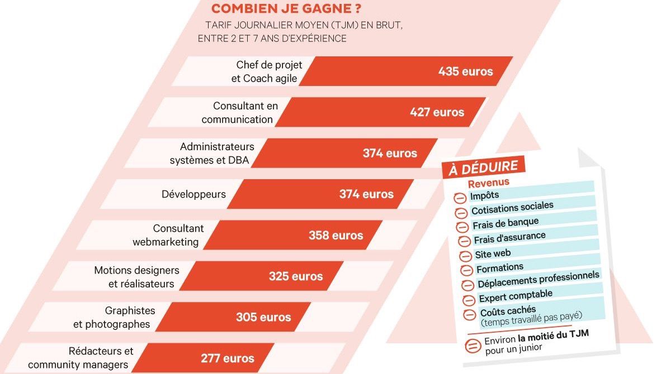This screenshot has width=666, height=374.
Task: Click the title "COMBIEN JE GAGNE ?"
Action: click(x=285, y=9)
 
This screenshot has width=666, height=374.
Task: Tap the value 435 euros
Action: click(x=465, y=71)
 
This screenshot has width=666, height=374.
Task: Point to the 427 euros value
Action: click(x=437, y=112)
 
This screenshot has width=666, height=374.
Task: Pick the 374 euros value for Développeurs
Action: click(x=366, y=194)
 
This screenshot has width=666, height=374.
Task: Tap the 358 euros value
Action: click(x=336, y=236)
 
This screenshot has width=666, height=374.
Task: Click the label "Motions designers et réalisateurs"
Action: click(x=136, y=277)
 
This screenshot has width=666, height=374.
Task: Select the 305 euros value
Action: click(x=263, y=318)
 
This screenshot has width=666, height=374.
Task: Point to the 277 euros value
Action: click(x=228, y=358)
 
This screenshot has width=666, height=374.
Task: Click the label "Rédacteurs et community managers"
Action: click(x=81, y=358)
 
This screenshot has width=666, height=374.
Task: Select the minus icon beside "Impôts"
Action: click(x=459, y=198)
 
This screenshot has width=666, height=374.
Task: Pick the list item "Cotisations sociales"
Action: click(x=512, y=208)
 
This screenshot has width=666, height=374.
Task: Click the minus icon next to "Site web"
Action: click(x=466, y=256)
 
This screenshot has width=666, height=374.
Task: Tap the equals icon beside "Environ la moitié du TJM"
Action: click(x=473, y=345)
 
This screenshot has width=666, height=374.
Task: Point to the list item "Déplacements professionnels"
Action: click(x=539, y=279)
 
